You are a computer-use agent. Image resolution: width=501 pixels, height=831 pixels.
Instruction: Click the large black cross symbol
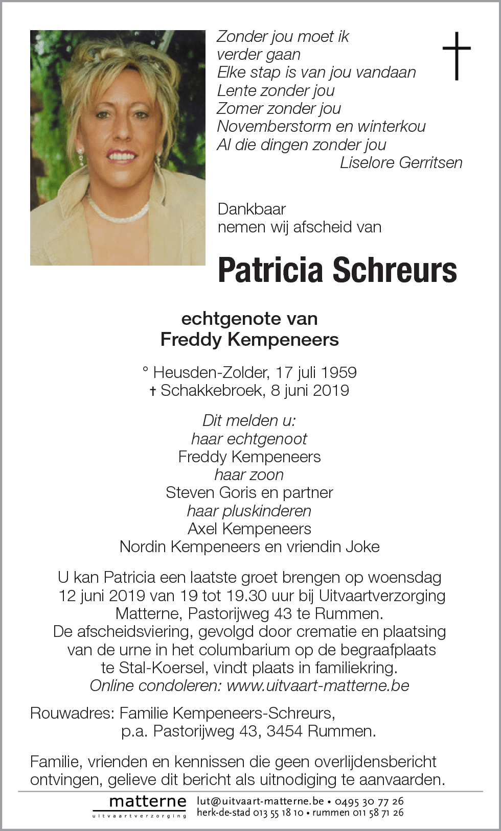click(456, 56)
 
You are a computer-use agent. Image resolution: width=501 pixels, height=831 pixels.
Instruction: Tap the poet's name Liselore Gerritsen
click(401, 162)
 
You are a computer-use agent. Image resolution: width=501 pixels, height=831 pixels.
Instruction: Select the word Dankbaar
click(252, 209)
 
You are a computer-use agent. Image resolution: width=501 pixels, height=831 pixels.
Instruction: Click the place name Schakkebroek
click(213, 390)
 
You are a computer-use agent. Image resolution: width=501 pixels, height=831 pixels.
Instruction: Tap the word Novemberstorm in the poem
click(274, 126)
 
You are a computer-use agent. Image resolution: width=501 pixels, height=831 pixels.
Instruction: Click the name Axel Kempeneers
click(249, 529)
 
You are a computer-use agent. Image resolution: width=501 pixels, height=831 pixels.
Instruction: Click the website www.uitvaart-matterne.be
click(318, 685)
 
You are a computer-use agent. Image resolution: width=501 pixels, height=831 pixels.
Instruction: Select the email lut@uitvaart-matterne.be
click(260, 801)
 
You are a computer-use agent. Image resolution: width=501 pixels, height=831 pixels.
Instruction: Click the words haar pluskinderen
click(249, 511)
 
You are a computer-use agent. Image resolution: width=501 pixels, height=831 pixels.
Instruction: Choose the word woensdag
click(404, 577)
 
